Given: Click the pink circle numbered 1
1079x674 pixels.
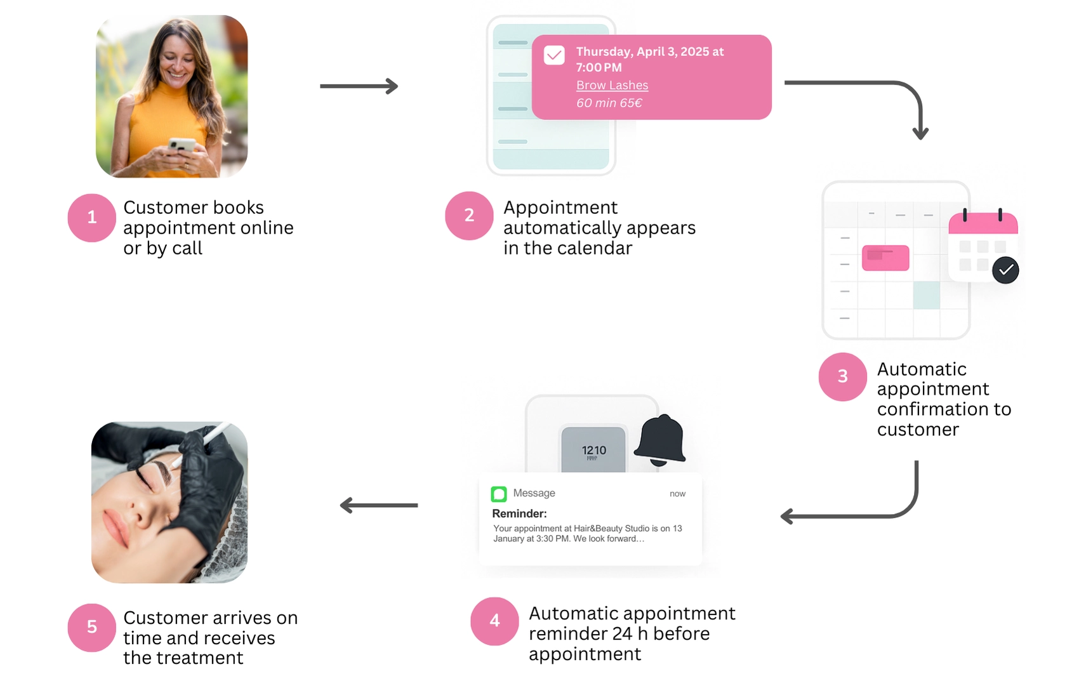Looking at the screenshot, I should pyautogui.click(x=91, y=218).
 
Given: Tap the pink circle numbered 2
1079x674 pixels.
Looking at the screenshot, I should pyautogui.click(x=469, y=216).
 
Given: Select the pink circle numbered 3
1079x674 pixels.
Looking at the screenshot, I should pyautogui.click(x=842, y=376).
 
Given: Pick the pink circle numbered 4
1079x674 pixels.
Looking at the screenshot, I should pyautogui.click(x=494, y=621).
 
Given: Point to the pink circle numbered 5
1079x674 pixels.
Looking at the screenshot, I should pyautogui.click(x=91, y=627).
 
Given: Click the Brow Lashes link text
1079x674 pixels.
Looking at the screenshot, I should pyautogui.click(x=612, y=85).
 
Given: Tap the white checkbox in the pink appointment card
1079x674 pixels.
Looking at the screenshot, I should pyautogui.click(x=554, y=55).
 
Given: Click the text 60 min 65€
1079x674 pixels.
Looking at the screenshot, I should pyautogui.click(x=609, y=103).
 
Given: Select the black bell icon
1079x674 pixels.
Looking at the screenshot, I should pyautogui.click(x=660, y=440).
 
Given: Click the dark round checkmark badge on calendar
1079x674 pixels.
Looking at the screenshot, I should pyautogui.click(x=1005, y=270).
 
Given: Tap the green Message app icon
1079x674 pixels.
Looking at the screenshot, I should pyautogui.click(x=499, y=494).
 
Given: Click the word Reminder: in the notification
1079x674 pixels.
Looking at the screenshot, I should pyautogui.click(x=519, y=513).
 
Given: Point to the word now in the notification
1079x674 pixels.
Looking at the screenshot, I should pyautogui.click(x=677, y=494).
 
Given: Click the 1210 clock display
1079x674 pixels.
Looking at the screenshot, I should pyautogui.click(x=593, y=451).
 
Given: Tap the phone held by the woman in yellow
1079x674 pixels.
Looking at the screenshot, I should pyautogui.click(x=182, y=145).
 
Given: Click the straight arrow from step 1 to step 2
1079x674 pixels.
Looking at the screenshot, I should pyautogui.click(x=359, y=86).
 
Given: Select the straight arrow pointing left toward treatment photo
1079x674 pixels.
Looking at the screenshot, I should pyautogui.click(x=379, y=505).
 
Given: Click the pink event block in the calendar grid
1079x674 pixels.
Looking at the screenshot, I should pyautogui.click(x=885, y=258).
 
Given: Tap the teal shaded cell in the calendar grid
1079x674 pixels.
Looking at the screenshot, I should pyautogui.click(x=926, y=296).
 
